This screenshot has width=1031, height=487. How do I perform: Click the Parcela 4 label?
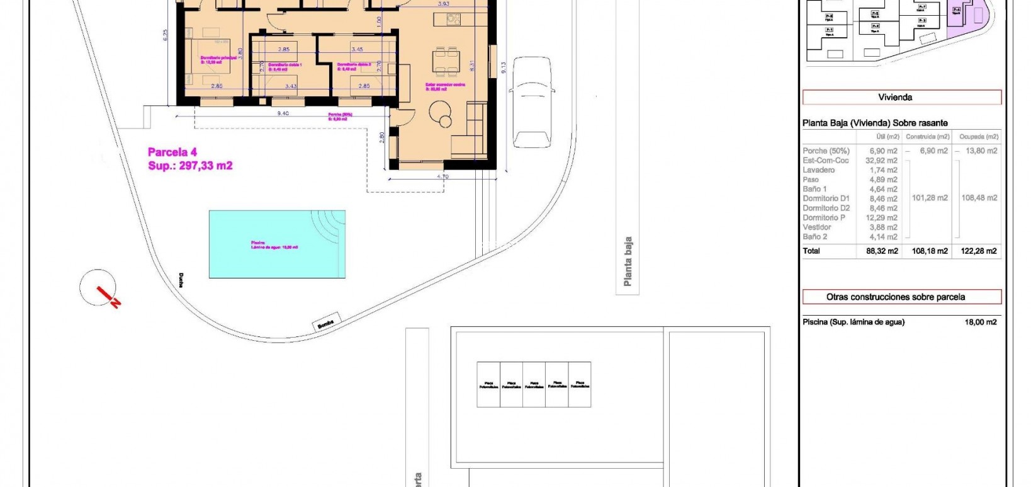tap(172, 152)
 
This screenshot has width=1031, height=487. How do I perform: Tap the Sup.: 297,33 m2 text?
tap(190, 166)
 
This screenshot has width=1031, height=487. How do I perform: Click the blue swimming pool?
tap(277, 244)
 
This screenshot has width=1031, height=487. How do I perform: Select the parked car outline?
tap(532, 102)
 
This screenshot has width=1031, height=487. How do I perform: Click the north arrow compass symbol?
tap(98, 288)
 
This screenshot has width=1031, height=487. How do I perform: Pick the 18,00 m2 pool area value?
tap(981, 322)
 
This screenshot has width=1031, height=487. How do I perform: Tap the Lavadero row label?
tap(818, 170)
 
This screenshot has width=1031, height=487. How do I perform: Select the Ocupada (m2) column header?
tap(978, 137)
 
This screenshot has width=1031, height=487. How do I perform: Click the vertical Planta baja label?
tap(628, 261)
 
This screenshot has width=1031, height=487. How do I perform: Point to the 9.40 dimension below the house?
tap(283, 113)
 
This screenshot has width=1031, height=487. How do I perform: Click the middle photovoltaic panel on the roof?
tap(534, 384)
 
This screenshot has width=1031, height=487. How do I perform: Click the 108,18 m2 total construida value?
tap(930, 251)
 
